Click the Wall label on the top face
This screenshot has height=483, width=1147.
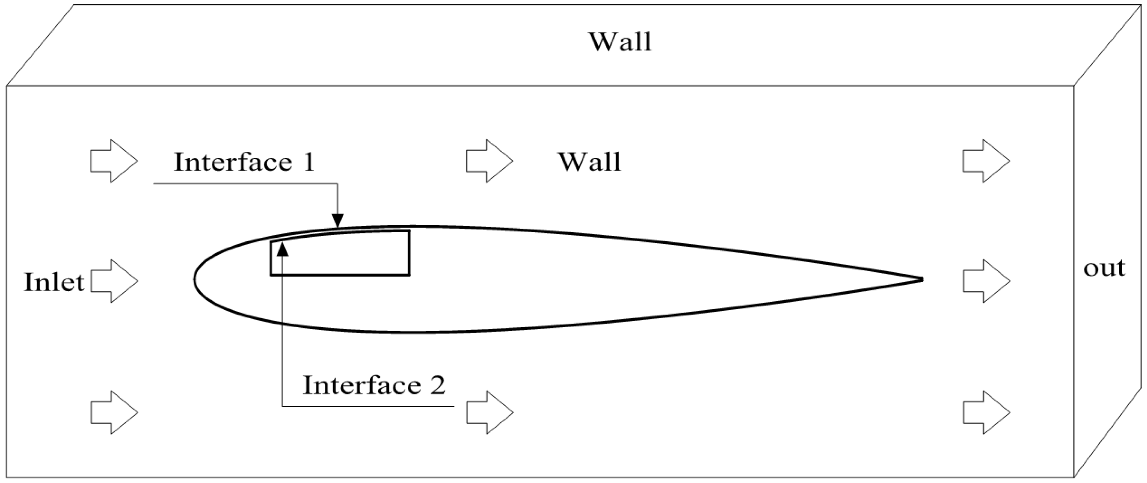pyautogui.click(x=620, y=43)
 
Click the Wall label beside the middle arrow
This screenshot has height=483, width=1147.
pyautogui.click(x=590, y=162)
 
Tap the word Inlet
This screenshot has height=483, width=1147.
pyautogui.click(x=54, y=282)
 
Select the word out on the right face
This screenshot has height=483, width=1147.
pyautogui.click(x=1104, y=268)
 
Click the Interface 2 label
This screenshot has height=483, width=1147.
pyautogui.click(x=374, y=385)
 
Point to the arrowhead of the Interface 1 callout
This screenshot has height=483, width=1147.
pyautogui.click(x=338, y=221)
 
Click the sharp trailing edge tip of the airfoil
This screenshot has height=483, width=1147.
pyautogui.click(x=921, y=280)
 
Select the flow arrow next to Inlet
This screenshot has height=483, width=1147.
pyautogui.click(x=114, y=281)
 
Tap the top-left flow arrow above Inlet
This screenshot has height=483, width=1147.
pyautogui.click(x=114, y=161)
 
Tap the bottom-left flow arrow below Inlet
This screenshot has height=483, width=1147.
pyautogui.click(x=114, y=412)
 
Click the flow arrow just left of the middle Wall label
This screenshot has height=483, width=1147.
pyautogui.click(x=490, y=161)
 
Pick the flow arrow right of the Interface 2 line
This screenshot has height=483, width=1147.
pyautogui.click(x=490, y=412)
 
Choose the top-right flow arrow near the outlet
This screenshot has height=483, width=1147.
pyautogui.click(x=986, y=161)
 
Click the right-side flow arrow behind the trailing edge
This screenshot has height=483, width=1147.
pyautogui.click(x=986, y=281)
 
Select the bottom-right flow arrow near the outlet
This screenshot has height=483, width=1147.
pyautogui.click(x=986, y=412)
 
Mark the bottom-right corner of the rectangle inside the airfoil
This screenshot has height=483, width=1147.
pyautogui.click(x=409, y=275)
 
